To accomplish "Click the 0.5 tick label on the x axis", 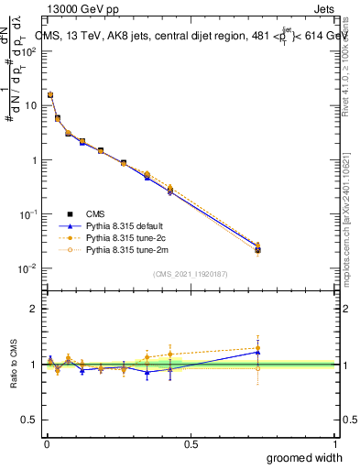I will coord(191,444).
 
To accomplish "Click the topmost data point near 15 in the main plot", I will coord(50,94).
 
